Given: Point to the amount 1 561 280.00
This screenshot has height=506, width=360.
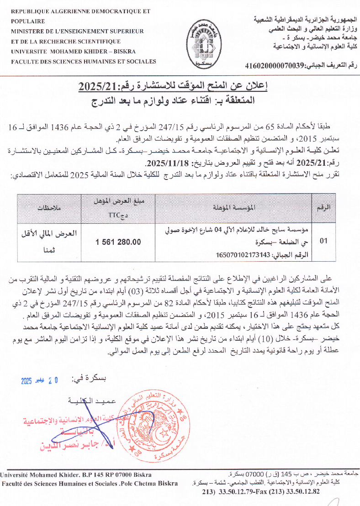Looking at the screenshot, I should click(x=118, y=242).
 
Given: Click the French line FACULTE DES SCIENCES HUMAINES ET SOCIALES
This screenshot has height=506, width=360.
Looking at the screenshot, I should click(x=83, y=61).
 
